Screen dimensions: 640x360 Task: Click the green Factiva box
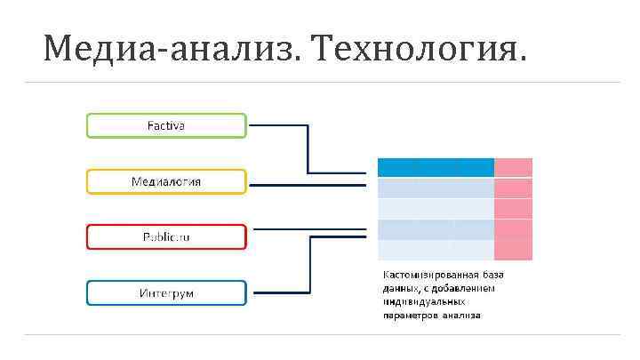(165, 125)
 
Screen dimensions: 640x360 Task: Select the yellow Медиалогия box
(165, 181)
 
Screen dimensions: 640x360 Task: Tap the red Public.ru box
(165, 237)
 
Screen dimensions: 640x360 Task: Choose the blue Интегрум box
(165, 292)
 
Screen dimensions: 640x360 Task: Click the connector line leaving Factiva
(307, 147)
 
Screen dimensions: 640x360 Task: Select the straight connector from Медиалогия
(307, 185)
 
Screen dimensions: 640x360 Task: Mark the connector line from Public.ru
(307, 228)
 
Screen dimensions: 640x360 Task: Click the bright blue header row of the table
(436, 167)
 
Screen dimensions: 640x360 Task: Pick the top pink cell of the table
(513, 167)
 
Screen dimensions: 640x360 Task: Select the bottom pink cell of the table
(513, 250)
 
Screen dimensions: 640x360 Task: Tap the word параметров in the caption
(411, 315)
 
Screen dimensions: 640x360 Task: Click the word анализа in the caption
(461, 315)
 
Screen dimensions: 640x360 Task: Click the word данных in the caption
(399, 288)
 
